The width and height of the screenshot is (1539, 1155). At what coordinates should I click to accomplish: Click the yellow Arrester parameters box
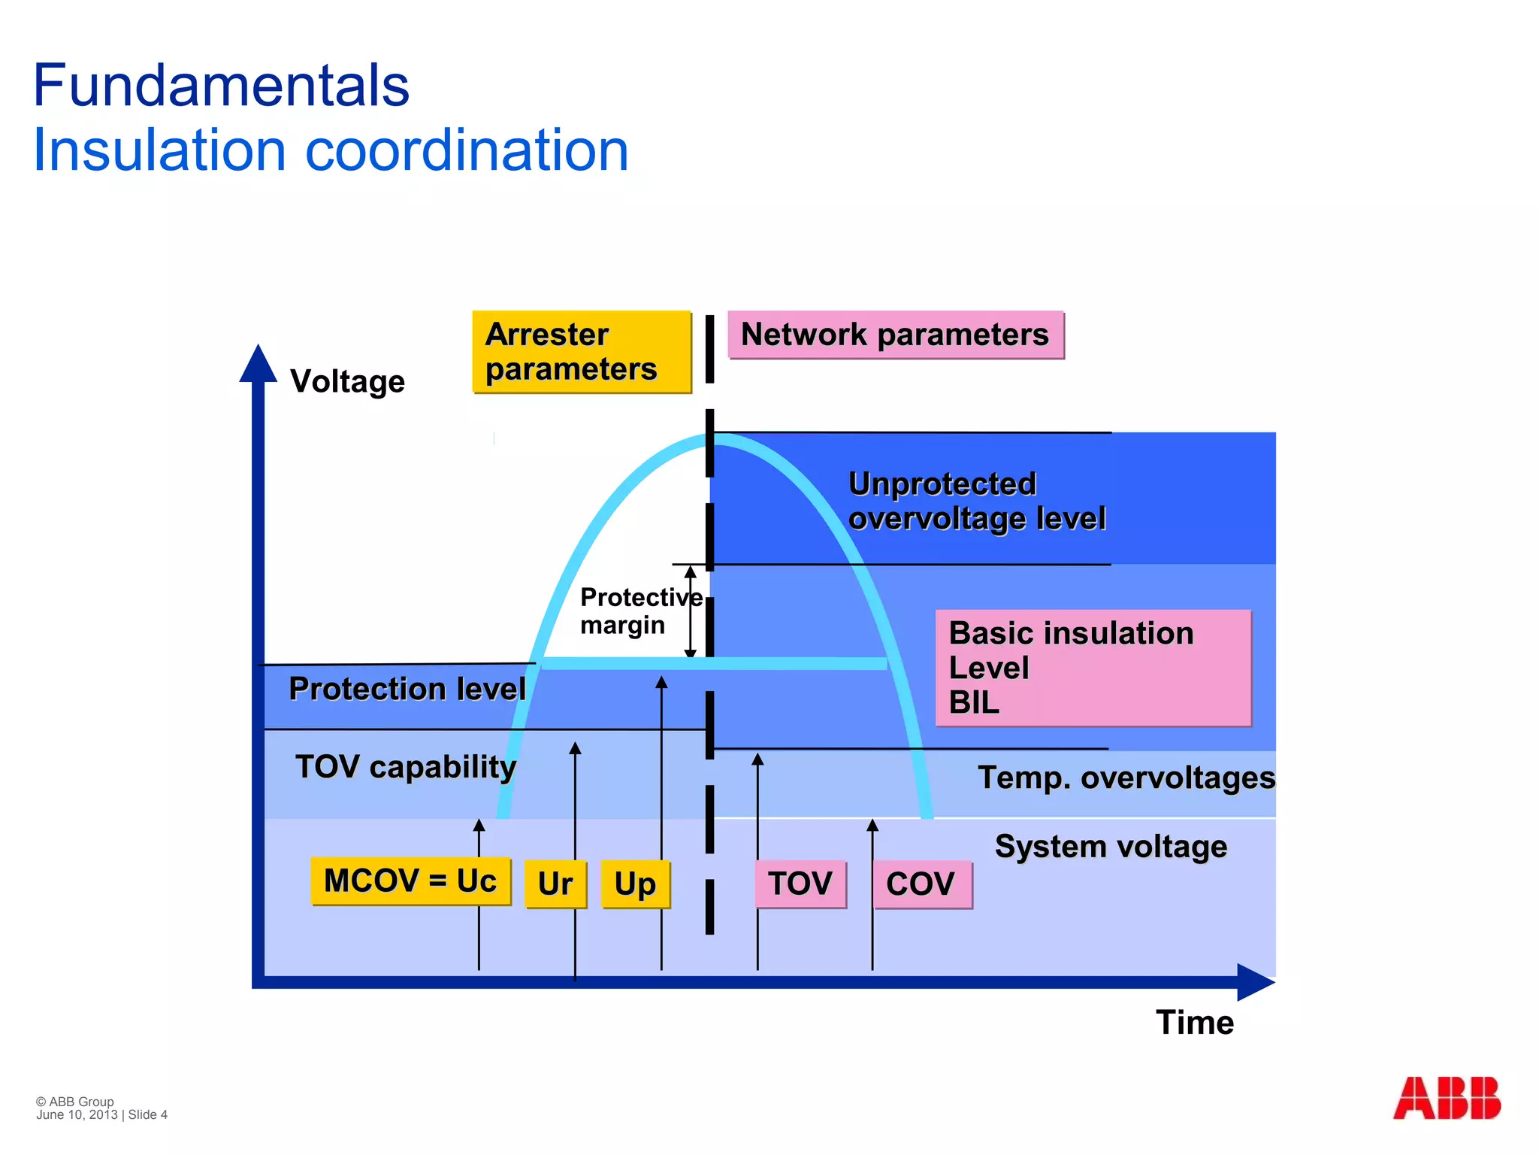(x=581, y=352)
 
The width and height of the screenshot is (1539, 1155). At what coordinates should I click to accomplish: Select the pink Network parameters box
(x=895, y=335)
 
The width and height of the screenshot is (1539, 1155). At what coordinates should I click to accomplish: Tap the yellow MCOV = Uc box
(x=410, y=881)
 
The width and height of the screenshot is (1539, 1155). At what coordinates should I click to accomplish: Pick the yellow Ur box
(x=555, y=884)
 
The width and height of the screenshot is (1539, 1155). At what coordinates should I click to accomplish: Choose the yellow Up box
(x=635, y=884)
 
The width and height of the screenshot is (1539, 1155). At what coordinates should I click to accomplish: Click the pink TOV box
(x=800, y=884)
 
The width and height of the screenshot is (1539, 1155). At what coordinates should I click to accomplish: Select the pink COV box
(x=921, y=884)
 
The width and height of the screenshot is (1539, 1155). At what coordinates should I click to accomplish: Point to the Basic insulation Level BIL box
(x=1093, y=668)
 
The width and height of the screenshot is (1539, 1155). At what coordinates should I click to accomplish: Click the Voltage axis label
(x=347, y=381)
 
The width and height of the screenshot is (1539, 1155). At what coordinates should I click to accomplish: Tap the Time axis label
(x=1194, y=1023)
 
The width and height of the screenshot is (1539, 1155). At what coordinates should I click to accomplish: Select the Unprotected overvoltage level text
(x=976, y=502)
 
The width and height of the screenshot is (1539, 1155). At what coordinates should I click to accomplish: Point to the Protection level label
(x=407, y=689)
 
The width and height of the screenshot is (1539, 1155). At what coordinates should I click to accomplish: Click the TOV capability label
(x=406, y=767)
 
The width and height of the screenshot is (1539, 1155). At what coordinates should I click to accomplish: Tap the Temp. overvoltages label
(x=1126, y=778)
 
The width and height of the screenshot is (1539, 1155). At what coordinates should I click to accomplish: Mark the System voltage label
(x=1111, y=847)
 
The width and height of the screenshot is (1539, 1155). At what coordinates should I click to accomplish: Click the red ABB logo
(x=1447, y=1098)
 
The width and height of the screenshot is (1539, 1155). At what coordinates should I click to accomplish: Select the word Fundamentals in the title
(x=221, y=85)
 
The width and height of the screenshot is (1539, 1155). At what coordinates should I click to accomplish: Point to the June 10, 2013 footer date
(x=77, y=1115)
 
